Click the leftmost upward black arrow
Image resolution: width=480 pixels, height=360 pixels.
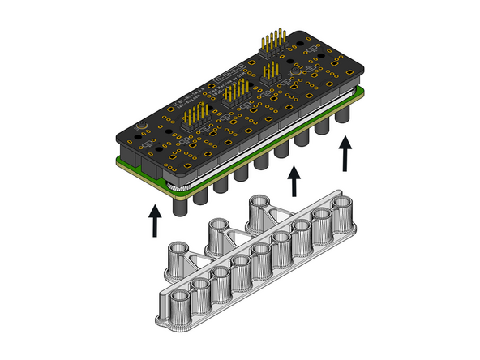click(x=154, y=221)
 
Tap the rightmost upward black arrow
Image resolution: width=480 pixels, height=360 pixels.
click(x=347, y=152)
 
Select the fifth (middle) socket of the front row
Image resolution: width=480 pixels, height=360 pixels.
click(x=261, y=261)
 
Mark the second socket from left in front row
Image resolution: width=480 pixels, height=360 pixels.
click(x=201, y=291)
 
